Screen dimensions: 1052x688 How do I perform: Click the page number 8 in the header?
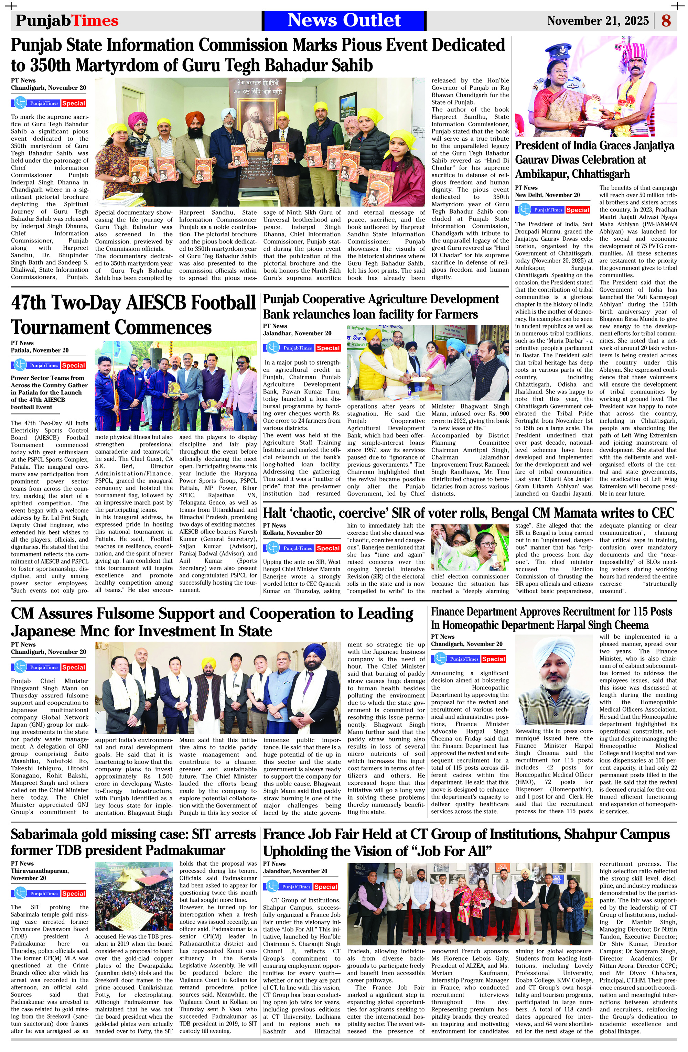666,21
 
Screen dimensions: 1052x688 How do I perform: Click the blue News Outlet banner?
344,20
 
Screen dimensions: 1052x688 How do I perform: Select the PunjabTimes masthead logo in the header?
67,21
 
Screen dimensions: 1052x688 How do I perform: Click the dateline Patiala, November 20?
40,350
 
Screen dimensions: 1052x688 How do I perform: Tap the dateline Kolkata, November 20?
292,533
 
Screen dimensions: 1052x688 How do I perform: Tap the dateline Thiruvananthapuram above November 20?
40,870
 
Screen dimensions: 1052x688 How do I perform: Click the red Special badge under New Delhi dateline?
578,210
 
